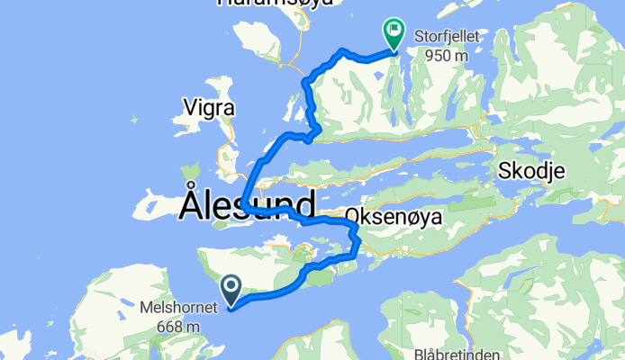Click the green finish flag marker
point(394,34)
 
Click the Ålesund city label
point(248,203)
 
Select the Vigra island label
point(209,108)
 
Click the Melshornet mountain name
point(178,307)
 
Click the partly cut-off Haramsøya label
point(275,3)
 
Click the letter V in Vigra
point(189,108)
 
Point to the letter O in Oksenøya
point(353,220)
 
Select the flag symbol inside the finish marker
point(394,30)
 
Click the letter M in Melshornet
point(146,307)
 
